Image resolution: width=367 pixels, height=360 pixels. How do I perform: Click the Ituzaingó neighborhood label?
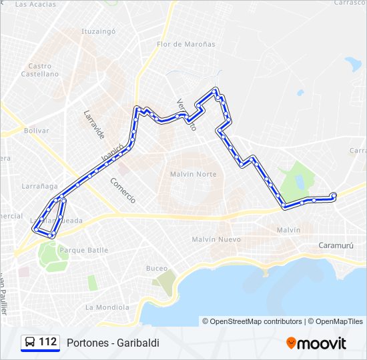click(99, 31)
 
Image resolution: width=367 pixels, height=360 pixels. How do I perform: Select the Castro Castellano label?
click(40, 70)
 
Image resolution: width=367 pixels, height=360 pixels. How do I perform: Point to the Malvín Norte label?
click(193, 174)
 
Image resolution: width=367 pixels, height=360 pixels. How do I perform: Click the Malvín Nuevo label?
click(216, 239)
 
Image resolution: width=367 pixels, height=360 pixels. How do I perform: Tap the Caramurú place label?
click(336, 244)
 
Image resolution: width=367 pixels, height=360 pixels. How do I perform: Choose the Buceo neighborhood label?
click(157, 268)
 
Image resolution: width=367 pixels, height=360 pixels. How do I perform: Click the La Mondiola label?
click(107, 307)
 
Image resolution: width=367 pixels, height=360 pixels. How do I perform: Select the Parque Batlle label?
click(84, 251)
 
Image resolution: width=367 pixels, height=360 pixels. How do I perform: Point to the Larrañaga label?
click(39, 186)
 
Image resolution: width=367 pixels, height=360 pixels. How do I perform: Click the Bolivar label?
click(37, 131)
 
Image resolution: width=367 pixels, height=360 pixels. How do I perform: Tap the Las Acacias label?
click(35, 4)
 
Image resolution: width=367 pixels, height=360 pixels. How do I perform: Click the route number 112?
click(47, 342)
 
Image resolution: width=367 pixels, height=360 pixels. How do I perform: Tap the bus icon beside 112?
click(30, 343)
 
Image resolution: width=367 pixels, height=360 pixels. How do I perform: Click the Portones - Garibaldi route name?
click(113, 343)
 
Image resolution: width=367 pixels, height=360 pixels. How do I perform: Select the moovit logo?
click(316, 343)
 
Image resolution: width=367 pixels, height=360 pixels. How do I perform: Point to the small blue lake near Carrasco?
click(352, 65)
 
